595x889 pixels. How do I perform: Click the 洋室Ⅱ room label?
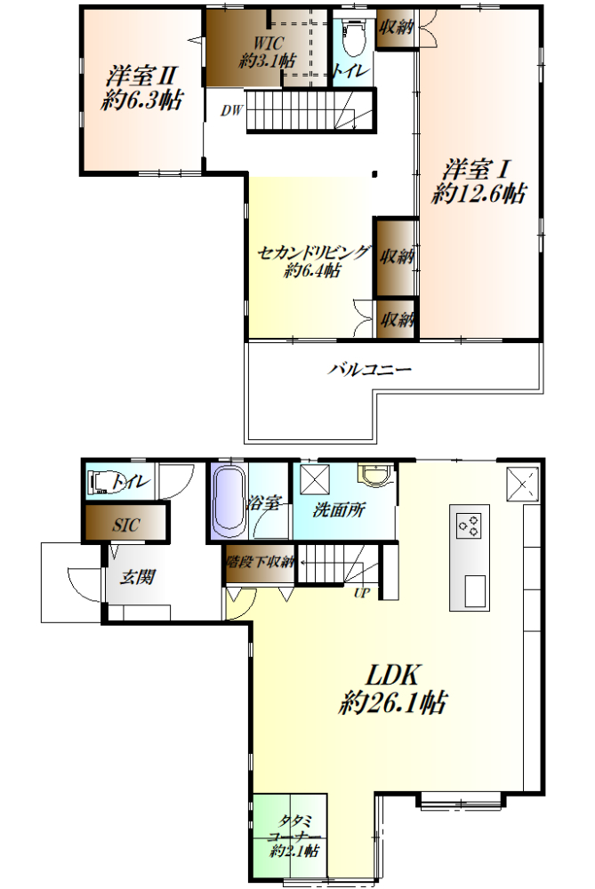click(142, 76)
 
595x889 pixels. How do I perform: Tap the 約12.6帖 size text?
click(478, 193)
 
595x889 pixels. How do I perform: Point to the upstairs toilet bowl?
click(353, 36)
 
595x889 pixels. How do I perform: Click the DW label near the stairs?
click(231, 110)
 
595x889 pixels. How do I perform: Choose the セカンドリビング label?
click(313, 252)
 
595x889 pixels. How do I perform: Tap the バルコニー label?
click(369, 370)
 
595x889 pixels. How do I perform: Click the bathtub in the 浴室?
click(229, 501)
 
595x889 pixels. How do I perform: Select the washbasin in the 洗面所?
click(374, 475)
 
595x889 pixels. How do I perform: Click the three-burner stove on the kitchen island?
click(469, 525)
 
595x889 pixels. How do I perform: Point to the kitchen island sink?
click(475, 591)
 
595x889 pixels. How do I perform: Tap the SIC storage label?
click(125, 525)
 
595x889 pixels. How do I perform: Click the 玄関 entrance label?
click(137, 577)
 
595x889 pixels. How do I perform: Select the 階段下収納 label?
click(260, 562)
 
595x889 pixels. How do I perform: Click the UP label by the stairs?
click(362, 593)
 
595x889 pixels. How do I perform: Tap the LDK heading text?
click(392, 675)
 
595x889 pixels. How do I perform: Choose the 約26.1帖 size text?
click(392, 702)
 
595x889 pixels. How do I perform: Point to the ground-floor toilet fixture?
click(101, 482)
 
